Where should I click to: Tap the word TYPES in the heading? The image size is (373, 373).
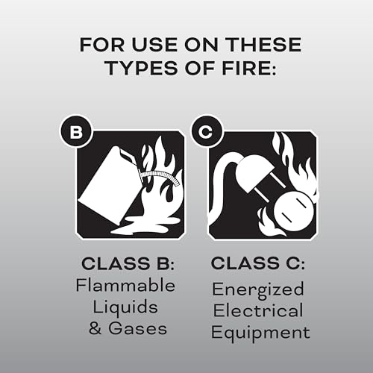tap(138, 69)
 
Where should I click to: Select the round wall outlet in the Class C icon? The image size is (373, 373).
tap(283, 212)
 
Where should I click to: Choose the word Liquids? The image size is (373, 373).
tap(128, 308)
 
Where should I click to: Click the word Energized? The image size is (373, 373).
tap(257, 289)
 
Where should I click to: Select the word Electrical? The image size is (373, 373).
tap(257, 310)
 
